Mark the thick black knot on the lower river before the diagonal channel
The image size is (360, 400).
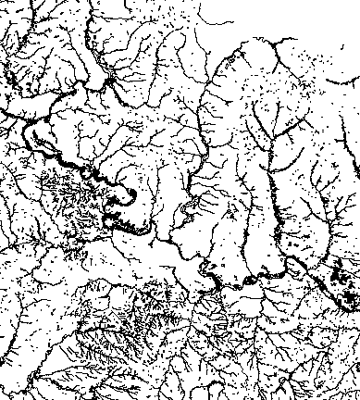tap(254, 275)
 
